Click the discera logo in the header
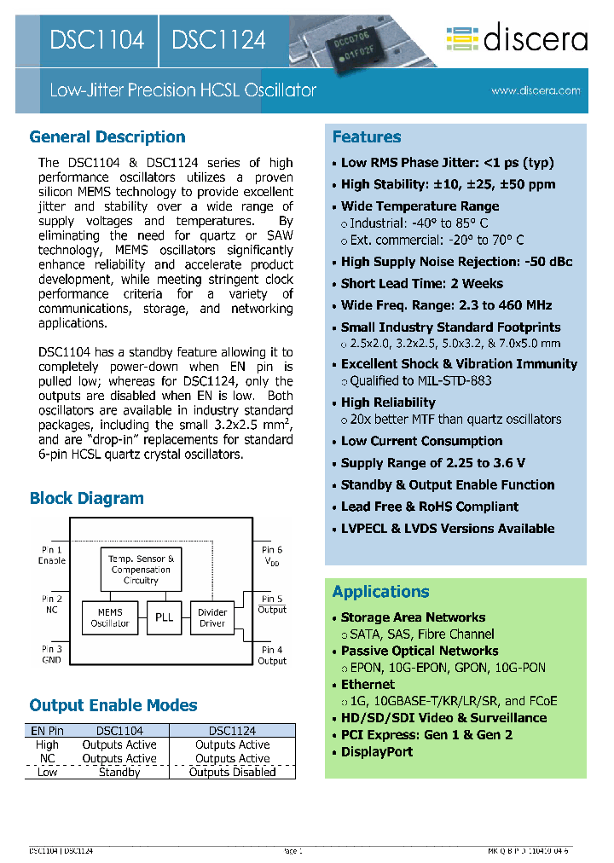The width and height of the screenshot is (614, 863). coord(517,39)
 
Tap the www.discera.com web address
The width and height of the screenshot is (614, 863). coord(536,90)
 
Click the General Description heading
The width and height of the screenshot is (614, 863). coord(107,137)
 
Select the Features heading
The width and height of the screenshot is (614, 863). coord(367,137)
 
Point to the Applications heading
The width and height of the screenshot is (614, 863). coord(381,592)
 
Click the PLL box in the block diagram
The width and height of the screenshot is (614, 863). coord(164,617)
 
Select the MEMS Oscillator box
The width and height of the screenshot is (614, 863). coord(110,617)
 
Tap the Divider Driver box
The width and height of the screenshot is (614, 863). coord(212,617)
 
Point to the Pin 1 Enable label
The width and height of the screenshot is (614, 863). coord(51,555)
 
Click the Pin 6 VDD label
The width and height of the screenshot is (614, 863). coord(272,555)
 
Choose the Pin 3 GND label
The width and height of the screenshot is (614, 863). coord(51,654)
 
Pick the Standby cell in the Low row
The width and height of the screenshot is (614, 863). coord(119,773)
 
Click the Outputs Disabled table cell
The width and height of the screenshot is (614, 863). coord(232,773)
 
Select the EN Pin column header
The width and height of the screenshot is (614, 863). coord(47,731)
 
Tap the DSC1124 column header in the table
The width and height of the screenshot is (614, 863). coord(232,731)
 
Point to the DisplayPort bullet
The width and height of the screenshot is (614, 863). coord(377,752)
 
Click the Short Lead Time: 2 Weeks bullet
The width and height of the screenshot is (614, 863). coord(422,284)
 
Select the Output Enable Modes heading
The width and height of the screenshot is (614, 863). coord(113,706)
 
